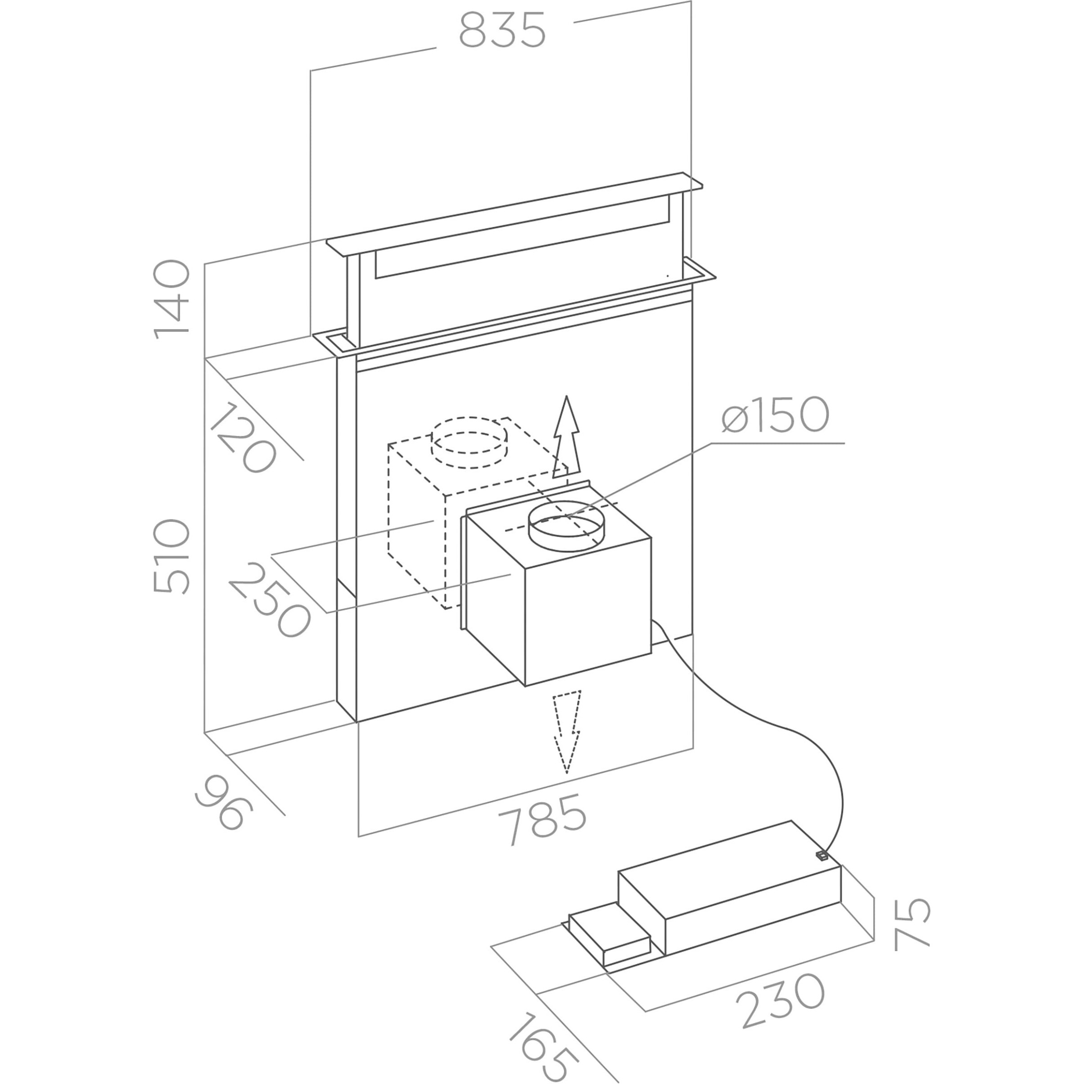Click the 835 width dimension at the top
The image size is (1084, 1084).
click(502, 29)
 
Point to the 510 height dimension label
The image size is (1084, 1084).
click(172, 556)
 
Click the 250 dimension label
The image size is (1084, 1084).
click(269, 599)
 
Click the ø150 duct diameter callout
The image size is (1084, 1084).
click(775, 415)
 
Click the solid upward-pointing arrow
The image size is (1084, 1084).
click(567, 437)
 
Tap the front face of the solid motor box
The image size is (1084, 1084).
click(588, 612)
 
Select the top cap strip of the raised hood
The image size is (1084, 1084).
click(514, 214)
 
